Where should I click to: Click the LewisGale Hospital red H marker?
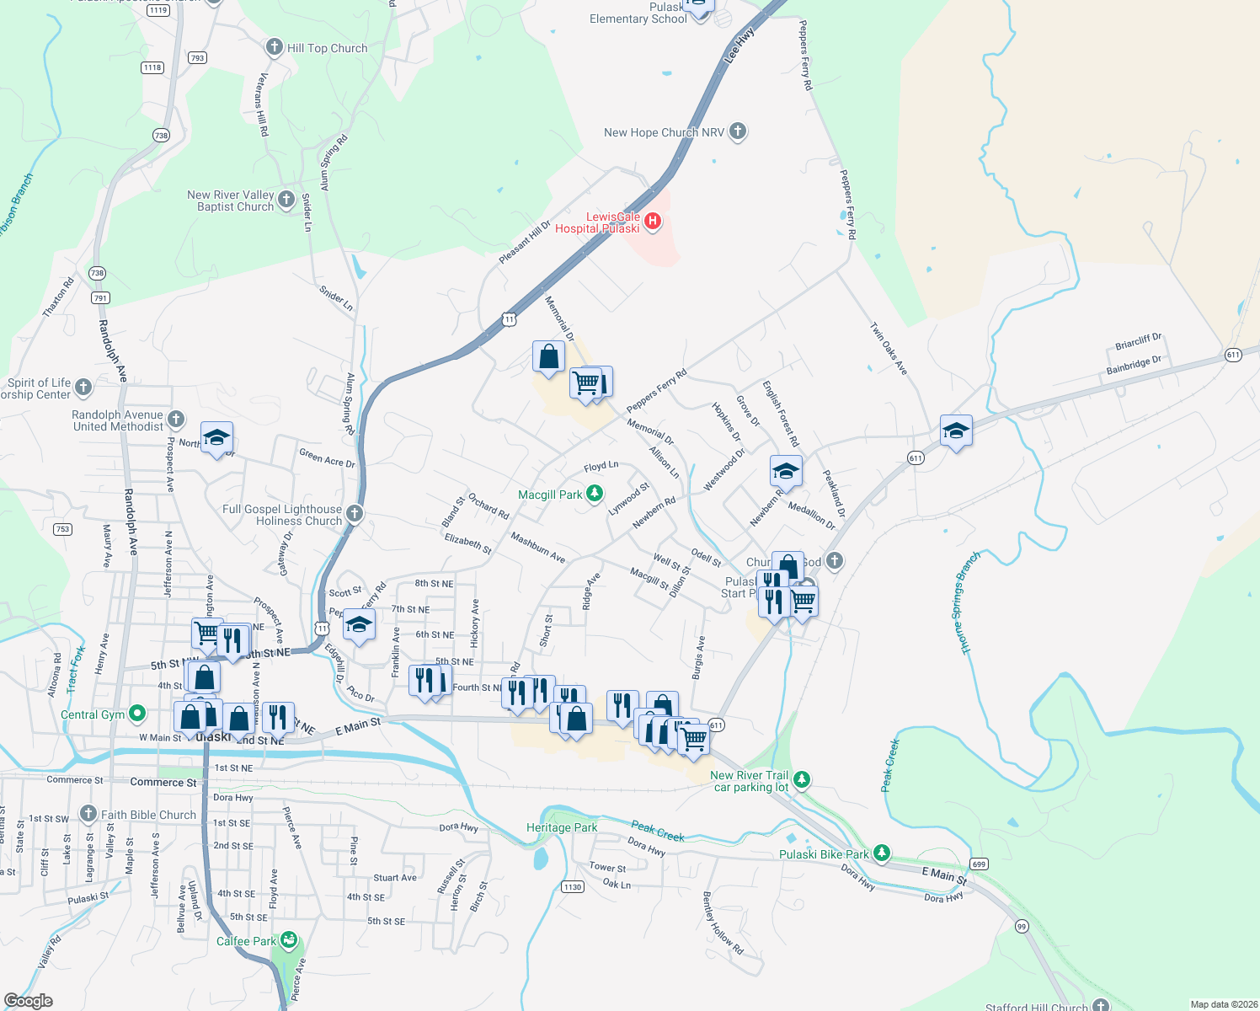652,222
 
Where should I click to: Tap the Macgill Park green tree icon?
595,494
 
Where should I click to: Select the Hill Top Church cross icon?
274,47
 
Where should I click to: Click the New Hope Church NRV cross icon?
738,131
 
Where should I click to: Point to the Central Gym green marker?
137,714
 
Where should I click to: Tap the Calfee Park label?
246,941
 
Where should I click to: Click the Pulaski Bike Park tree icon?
881,853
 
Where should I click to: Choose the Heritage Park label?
562,827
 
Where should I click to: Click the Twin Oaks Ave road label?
889,348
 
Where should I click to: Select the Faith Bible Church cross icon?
88,814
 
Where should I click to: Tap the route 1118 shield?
152,67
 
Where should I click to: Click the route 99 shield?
1022,926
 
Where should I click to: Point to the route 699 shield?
978,864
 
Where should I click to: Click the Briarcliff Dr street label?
1138,341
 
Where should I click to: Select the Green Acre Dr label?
327,457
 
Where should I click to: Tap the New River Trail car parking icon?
802,779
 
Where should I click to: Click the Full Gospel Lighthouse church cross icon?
355,514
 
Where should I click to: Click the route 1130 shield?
573,886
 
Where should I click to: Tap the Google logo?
29,1001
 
